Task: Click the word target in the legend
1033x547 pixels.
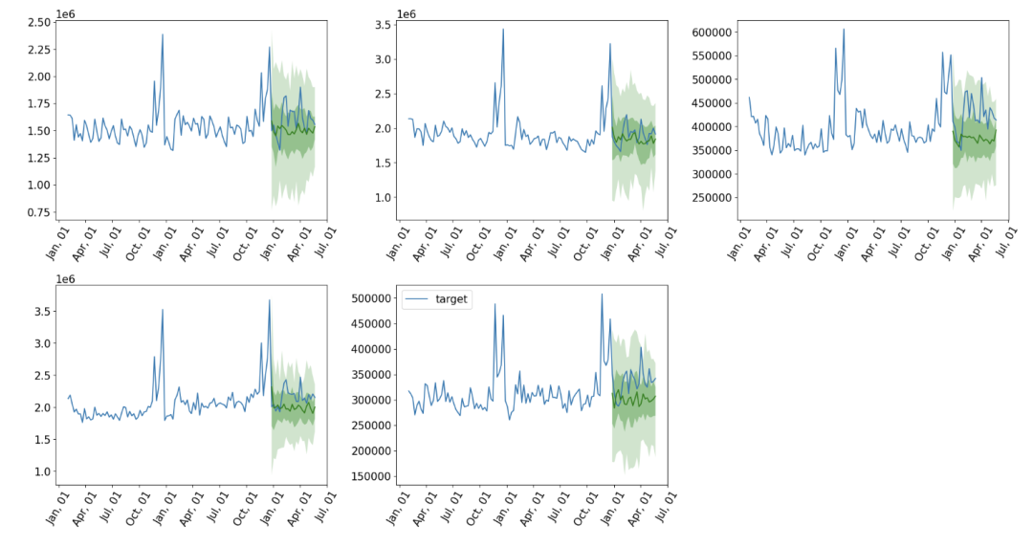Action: point(451,299)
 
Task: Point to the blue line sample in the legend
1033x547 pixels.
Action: point(417,299)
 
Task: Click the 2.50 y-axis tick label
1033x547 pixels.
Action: point(39,22)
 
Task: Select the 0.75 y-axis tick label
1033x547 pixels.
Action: point(39,212)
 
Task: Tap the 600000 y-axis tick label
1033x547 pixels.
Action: point(711,33)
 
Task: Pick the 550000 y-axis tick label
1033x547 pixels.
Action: point(711,56)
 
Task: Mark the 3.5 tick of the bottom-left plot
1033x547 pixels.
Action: point(42,311)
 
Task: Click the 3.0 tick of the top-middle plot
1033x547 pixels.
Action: point(383,59)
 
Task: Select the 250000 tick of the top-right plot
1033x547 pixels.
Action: point(711,198)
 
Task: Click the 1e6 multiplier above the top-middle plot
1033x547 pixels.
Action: point(407,13)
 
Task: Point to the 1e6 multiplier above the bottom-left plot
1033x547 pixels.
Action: point(65,279)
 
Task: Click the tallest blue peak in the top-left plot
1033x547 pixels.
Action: point(162,34)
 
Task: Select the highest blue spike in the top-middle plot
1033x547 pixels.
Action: point(503,29)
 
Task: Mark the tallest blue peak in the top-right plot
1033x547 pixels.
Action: point(844,29)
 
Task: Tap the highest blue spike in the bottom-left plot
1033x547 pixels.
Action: point(270,300)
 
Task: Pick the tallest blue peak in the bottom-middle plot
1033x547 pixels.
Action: point(602,295)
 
